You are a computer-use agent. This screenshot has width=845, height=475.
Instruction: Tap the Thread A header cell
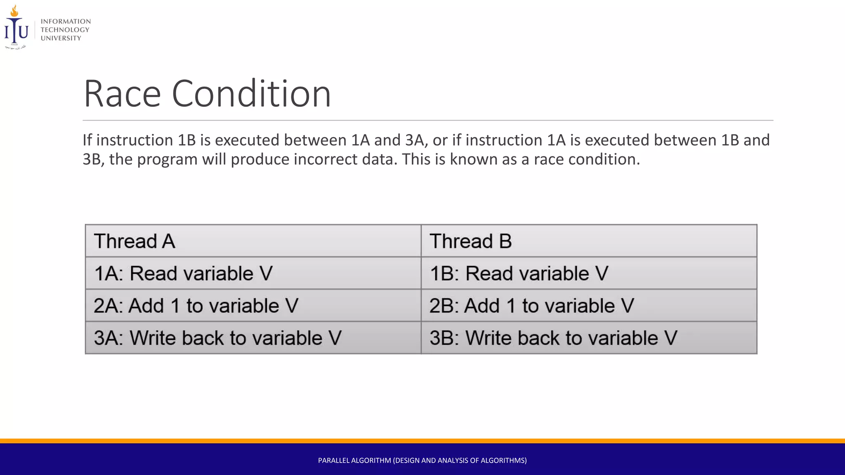pos(253,241)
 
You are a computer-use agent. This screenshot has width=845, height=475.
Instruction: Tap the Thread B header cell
pos(589,241)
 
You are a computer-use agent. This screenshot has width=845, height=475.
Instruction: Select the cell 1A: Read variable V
pos(253,273)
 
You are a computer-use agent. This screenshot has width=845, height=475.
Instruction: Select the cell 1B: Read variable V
pos(589,273)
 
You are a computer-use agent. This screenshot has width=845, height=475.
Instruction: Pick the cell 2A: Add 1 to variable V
pos(253,306)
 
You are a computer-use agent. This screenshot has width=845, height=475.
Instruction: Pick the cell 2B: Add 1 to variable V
pos(589,306)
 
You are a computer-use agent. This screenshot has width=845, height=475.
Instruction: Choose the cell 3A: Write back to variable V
pos(253,338)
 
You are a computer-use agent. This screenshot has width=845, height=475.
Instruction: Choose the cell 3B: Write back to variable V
pos(589,338)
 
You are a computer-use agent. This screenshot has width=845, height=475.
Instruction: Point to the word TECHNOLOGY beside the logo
pos(65,30)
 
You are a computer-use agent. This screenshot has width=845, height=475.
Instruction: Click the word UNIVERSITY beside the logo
pos(61,38)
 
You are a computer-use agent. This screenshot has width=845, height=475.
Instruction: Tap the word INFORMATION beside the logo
pos(66,21)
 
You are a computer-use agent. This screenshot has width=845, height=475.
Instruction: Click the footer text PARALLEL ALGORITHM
pos(422,461)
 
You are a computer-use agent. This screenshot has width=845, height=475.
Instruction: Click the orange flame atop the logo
pos(14,11)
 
